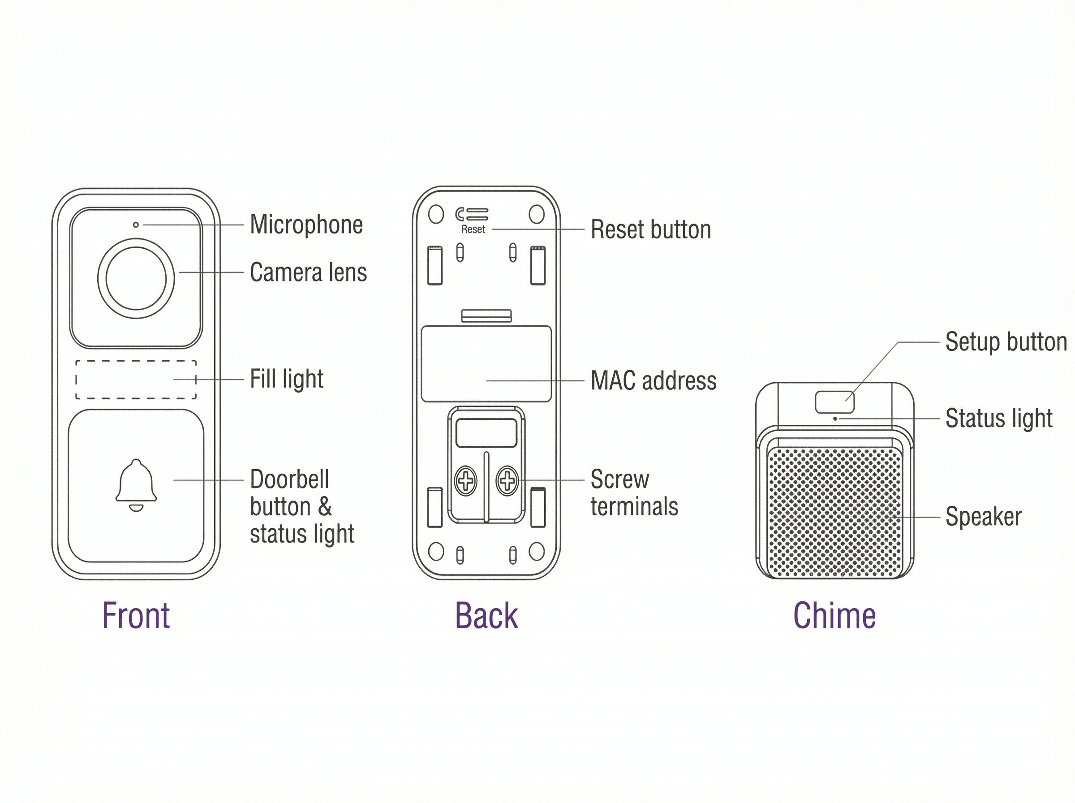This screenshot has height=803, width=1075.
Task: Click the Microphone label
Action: [x=306, y=224]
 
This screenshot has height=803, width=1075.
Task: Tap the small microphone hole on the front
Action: [x=136, y=224]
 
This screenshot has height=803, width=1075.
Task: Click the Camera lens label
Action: [x=308, y=272]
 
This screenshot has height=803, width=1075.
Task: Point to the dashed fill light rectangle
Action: [x=136, y=380]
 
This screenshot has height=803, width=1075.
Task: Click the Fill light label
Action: [x=287, y=379]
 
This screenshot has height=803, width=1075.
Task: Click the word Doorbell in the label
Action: [x=289, y=480]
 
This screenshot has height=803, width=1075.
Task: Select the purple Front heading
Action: [x=136, y=616]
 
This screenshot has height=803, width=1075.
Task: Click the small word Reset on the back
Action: [x=473, y=229]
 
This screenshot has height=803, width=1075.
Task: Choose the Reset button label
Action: [x=650, y=229]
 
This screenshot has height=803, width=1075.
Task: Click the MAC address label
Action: [x=653, y=380]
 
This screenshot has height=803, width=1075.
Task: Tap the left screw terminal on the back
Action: [x=465, y=481]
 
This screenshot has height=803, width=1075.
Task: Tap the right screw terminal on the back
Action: [x=507, y=481]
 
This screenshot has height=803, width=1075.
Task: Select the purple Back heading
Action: [x=486, y=616]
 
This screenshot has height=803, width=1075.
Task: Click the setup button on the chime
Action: [x=834, y=402]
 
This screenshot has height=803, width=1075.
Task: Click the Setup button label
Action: [x=1006, y=342]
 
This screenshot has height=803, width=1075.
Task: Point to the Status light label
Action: [x=999, y=418]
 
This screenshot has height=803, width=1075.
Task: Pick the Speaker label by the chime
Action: [x=983, y=516]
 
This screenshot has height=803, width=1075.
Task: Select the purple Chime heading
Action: [x=834, y=616]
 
